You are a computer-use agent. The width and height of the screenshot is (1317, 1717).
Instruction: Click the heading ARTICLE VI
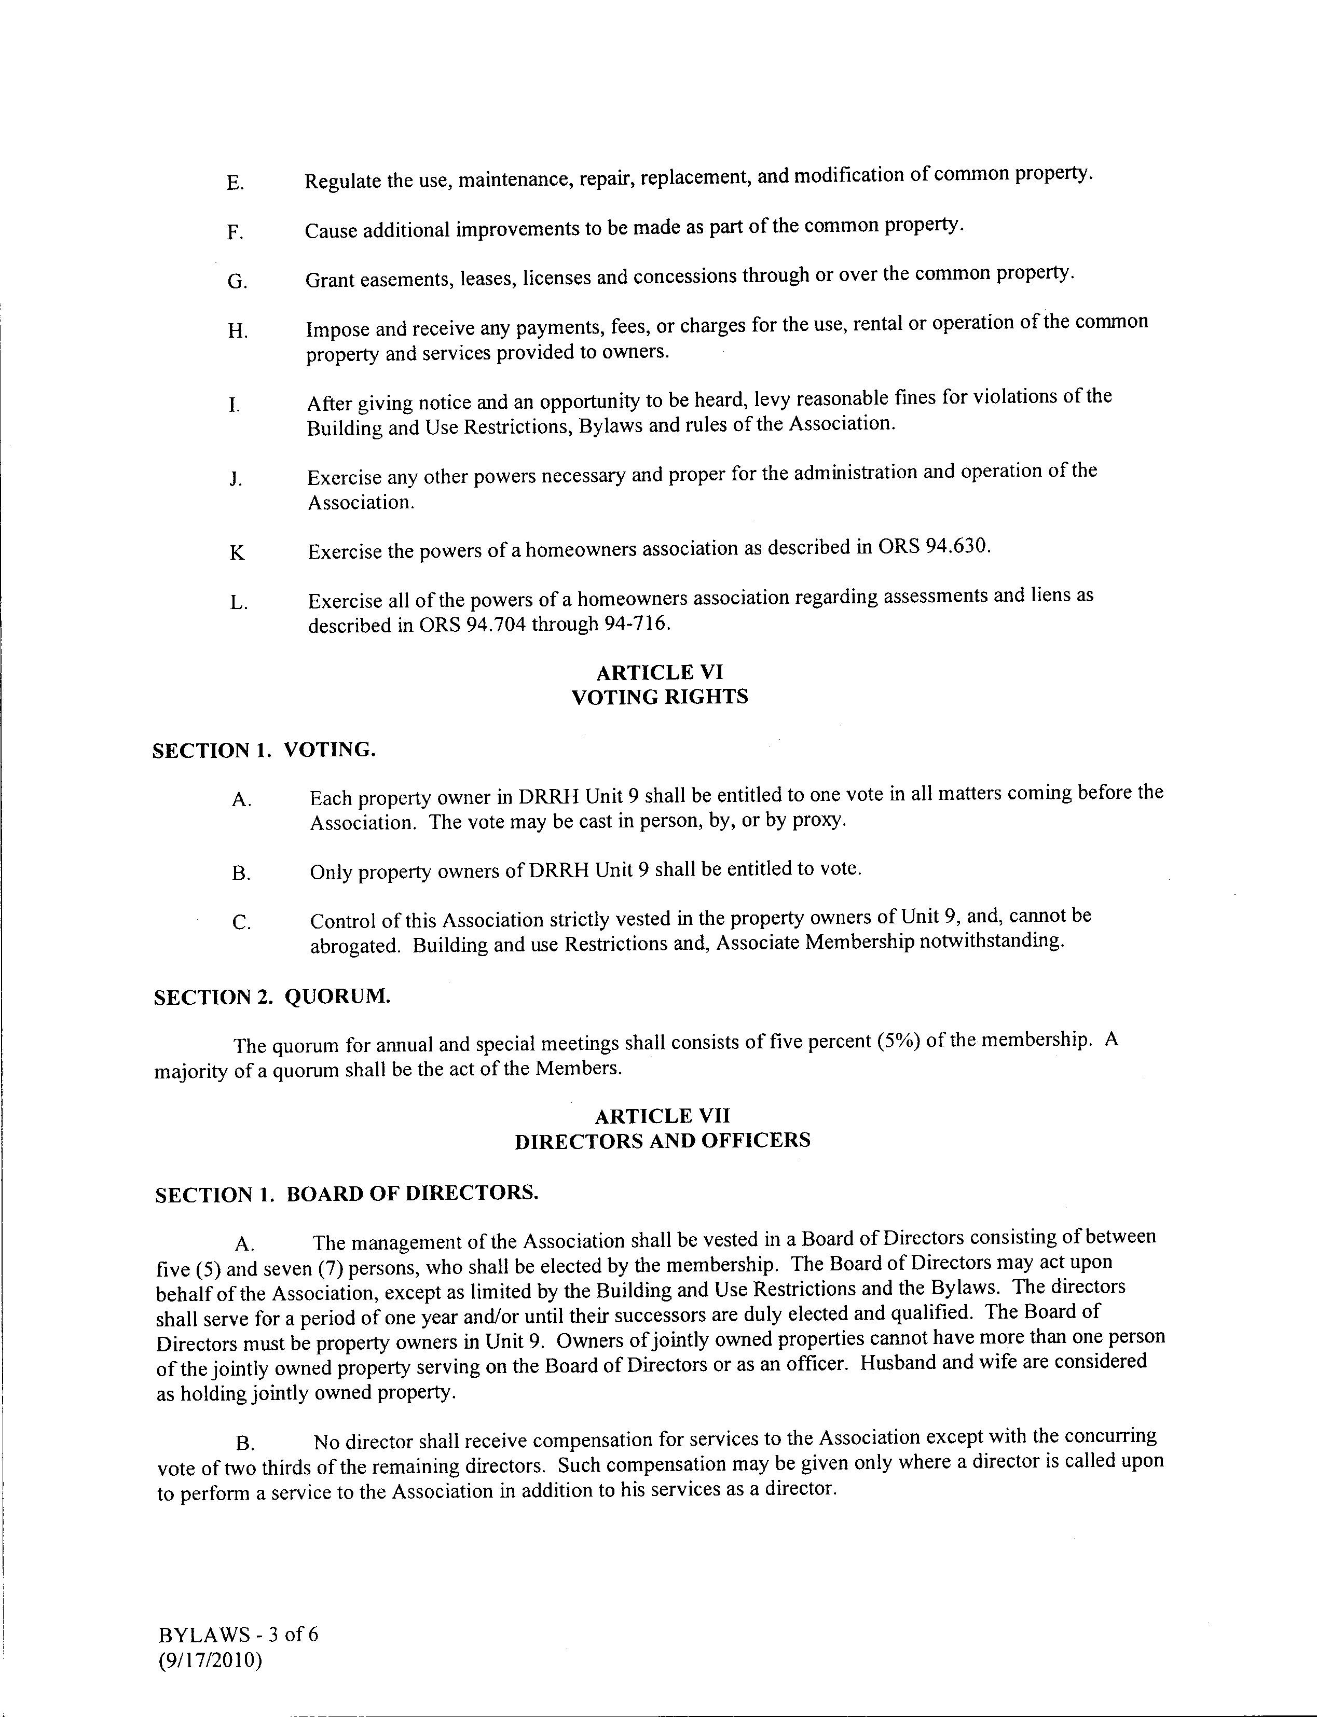660,672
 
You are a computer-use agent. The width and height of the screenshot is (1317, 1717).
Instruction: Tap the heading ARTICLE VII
662,1116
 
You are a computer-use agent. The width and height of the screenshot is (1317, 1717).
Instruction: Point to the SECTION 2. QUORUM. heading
271,997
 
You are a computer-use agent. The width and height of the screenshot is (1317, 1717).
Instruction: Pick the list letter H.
238,331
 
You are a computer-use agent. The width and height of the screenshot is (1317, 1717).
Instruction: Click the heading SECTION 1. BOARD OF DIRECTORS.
347,1194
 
